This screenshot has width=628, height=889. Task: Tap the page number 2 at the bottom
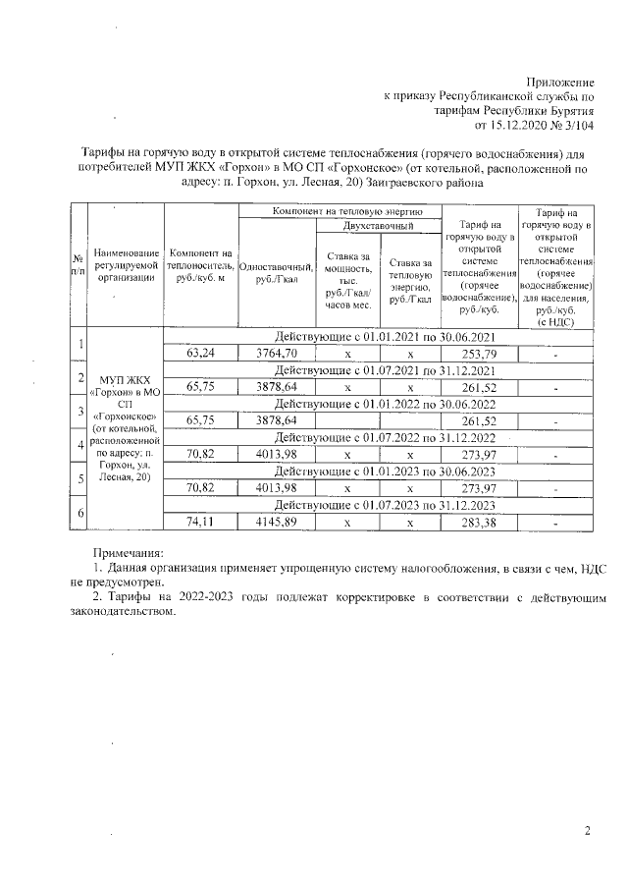pos(588,833)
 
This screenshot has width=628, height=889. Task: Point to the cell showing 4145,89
pos(276,522)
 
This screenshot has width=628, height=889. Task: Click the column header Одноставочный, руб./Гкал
pos(276,273)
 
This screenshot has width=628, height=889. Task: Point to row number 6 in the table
pos(78,514)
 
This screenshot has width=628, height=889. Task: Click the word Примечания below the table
pos(128,555)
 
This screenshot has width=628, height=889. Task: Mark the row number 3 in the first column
pos(78,411)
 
